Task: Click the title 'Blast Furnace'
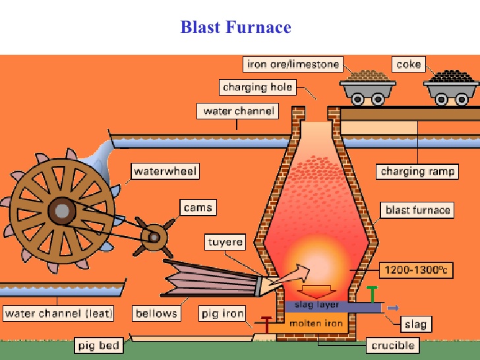[x=235, y=27]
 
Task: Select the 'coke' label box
[x=409, y=65]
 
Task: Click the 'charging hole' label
[x=257, y=87]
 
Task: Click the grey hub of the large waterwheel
[x=63, y=211]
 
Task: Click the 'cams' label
[x=198, y=208]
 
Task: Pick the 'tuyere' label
[x=226, y=242]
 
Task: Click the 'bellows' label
[x=156, y=313]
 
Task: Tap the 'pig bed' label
[x=99, y=345]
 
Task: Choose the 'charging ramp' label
[x=417, y=172]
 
